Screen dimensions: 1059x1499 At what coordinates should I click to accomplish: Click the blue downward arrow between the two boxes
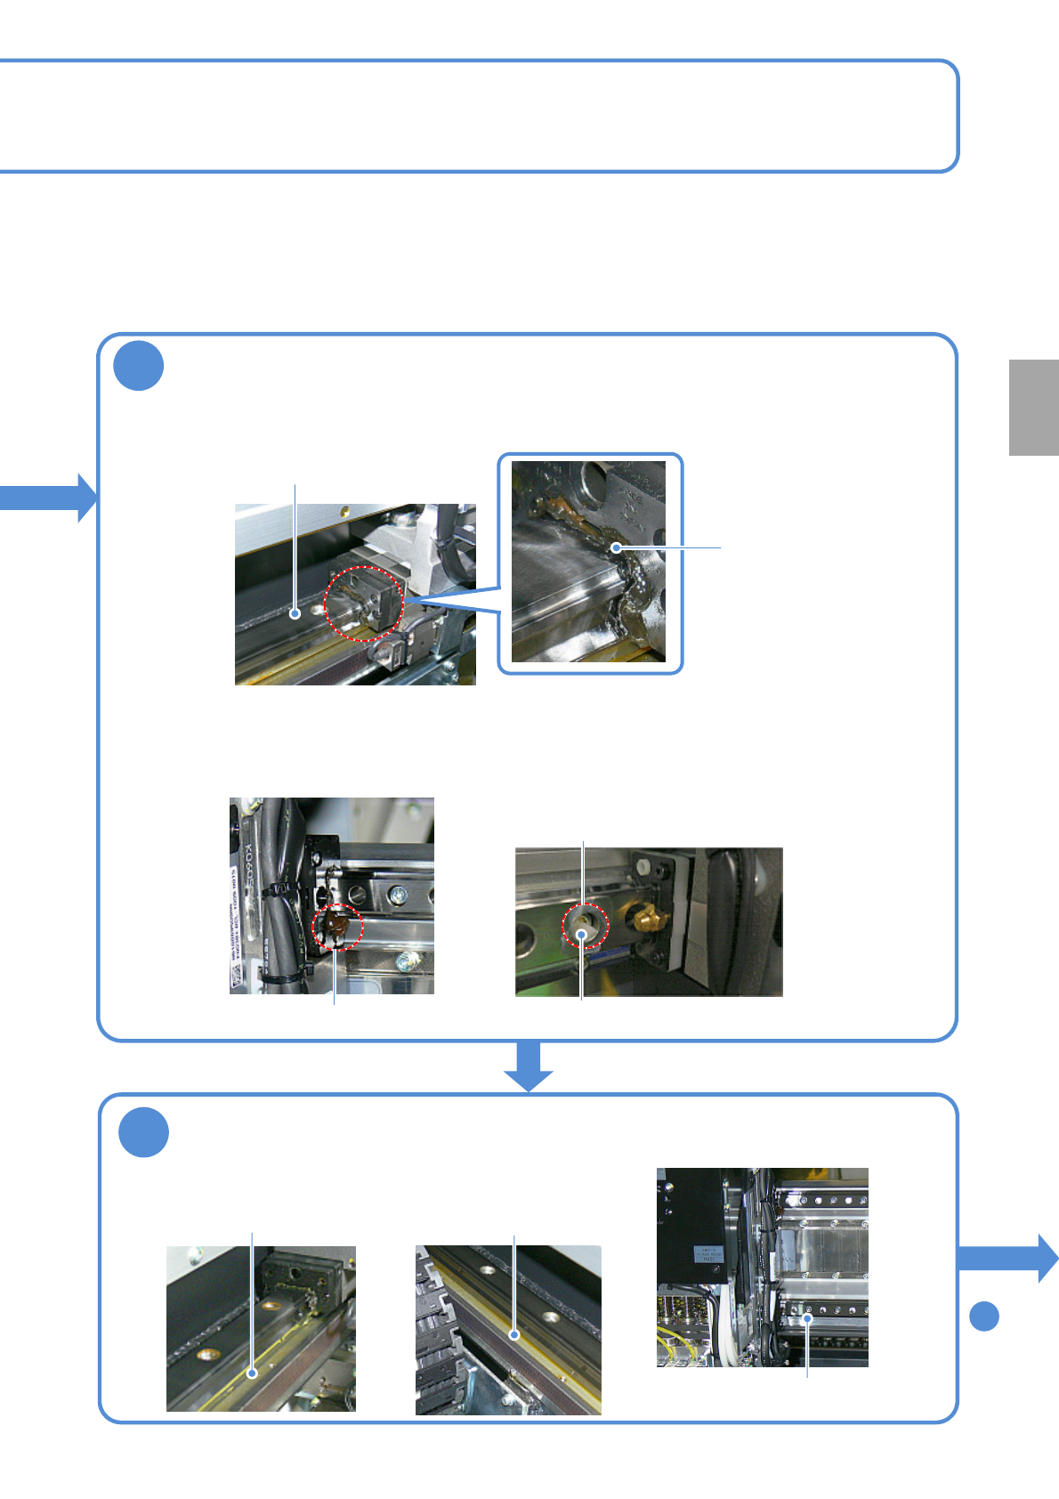click(x=529, y=1065)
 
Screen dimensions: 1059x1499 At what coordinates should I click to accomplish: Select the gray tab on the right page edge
click(x=1033, y=407)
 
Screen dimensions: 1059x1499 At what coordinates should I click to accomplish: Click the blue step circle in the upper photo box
click(x=139, y=365)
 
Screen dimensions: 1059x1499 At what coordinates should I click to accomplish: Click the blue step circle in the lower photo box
click(x=143, y=1131)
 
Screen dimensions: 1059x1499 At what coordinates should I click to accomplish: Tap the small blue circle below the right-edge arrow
click(x=983, y=1316)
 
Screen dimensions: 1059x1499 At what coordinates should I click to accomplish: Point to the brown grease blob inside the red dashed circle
click(x=336, y=926)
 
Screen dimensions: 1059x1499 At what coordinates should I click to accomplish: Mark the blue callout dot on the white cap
click(x=582, y=934)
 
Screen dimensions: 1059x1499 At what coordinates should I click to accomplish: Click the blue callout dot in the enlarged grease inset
click(x=616, y=548)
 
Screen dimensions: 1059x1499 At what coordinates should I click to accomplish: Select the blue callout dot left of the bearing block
click(x=295, y=613)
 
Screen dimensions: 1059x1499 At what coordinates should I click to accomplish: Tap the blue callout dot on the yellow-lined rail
click(x=253, y=1373)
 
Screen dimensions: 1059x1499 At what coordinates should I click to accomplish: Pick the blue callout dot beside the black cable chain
click(x=514, y=1335)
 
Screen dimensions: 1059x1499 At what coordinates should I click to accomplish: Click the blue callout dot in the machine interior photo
click(x=807, y=1318)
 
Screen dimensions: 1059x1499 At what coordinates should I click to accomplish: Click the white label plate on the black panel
click(x=707, y=1253)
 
